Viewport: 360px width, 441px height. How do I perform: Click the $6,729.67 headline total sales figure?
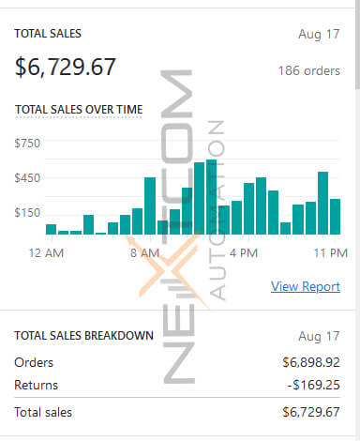pos(66,67)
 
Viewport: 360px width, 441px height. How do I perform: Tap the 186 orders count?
pos(308,70)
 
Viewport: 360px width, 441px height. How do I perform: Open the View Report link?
pos(306,286)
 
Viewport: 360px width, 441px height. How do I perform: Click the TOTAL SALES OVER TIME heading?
pos(79,110)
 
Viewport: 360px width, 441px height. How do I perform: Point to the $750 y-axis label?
pos(27,143)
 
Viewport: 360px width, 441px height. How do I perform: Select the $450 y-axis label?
pos(27,178)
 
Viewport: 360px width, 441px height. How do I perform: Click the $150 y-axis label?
pos(27,213)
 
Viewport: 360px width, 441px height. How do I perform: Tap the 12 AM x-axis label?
pos(46,252)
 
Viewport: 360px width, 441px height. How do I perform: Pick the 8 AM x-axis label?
pos(145,252)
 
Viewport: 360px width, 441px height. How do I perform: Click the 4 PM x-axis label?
pos(243,252)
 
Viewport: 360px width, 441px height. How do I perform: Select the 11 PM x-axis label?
pos(330,252)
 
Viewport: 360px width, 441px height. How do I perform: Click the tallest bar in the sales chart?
pos(212,197)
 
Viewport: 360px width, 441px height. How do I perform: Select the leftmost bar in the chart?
pos(51,229)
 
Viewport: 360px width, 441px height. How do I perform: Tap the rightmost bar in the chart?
pos(335,217)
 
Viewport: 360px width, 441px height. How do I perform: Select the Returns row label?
pos(37,385)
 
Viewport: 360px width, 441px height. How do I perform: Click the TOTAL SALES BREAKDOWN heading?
pos(83,335)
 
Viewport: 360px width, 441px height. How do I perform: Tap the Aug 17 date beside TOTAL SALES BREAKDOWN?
pos(322,335)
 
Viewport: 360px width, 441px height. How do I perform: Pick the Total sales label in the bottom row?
pos(43,412)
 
